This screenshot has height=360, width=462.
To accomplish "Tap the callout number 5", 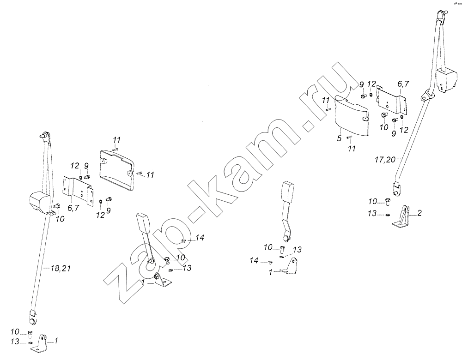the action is point(339,138).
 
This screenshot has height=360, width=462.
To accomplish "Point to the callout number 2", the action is point(419,213).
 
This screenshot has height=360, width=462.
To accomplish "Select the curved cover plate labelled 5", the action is point(352,116).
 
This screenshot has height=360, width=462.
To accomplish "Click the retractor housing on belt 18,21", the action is point(40,201).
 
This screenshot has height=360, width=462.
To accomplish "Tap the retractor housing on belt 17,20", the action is point(447,79).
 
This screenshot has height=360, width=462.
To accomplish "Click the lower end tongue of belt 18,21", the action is point(32,318).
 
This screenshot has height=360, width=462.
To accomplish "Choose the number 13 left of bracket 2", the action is point(372,213).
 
